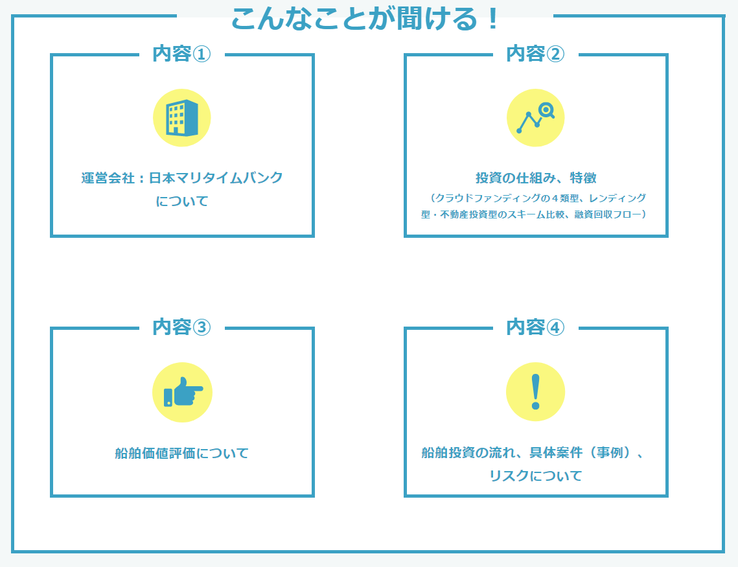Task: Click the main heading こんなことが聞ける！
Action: click(x=365, y=19)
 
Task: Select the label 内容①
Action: click(x=182, y=54)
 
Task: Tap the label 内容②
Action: click(x=535, y=54)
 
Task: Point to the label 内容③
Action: click(x=182, y=327)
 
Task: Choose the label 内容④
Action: click(x=535, y=327)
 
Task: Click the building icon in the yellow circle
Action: click(x=182, y=118)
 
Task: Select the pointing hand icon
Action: click(x=182, y=392)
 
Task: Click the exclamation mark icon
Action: click(x=535, y=392)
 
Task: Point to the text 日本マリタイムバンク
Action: click(x=216, y=178)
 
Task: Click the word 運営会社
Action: click(x=106, y=178)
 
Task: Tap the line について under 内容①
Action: click(x=182, y=201)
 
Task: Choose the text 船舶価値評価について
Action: click(x=182, y=453)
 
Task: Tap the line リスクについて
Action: click(x=535, y=476)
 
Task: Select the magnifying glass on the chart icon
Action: click(x=547, y=111)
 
